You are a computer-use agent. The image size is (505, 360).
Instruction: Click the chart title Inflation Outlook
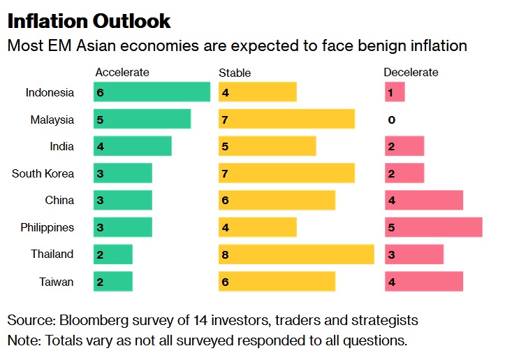[x=89, y=20]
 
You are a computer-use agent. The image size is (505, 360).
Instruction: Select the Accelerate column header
[x=122, y=72]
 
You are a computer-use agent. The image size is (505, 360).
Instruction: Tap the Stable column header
[x=235, y=73]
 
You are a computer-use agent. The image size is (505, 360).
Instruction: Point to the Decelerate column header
[x=411, y=72]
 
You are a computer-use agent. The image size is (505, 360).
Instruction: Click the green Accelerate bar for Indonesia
[x=152, y=92]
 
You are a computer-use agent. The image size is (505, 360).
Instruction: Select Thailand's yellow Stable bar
[x=296, y=254]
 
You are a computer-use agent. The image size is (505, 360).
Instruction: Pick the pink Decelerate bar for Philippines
[x=433, y=227]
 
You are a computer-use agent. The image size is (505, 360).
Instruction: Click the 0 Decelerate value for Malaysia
[x=391, y=120]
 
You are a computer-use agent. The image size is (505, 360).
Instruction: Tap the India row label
[x=61, y=147]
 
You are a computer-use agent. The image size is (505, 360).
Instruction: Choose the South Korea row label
[x=43, y=173]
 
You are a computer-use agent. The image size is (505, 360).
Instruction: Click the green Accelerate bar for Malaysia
[x=142, y=120]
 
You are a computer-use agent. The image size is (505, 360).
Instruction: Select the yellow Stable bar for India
[x=267, y=147]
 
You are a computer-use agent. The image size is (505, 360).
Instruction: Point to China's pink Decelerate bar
[x=424, y=201]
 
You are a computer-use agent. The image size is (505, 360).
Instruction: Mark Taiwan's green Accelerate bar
[x=113, y=281]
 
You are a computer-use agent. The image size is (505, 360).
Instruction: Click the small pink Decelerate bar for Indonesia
[x=395, y=92]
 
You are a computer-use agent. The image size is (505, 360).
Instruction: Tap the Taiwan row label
[x=57, y=282]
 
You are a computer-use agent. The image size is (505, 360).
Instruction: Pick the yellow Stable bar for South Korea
[x=286, y=173]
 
